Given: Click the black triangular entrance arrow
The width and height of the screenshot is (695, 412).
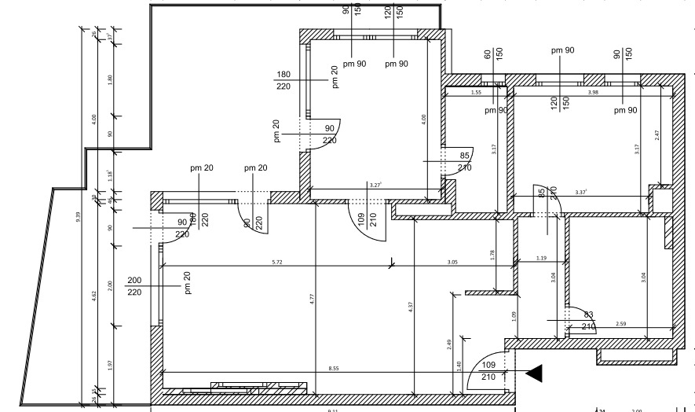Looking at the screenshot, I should pyautogui.click(x=534, y=373).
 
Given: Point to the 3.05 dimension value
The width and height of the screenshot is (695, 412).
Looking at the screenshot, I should pyautogui.click(x=452, y=261).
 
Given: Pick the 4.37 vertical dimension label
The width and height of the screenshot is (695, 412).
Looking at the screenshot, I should pyautogui.click(x=411, y=308).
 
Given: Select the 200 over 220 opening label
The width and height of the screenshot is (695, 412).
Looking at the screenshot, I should pyautogui.click(x=134, y=286).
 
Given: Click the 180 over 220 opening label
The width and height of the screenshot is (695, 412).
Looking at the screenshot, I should pyautogui.click(x=283, y=80).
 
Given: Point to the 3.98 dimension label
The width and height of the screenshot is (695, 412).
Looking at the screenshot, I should pyautogui.click(x=594, y=93).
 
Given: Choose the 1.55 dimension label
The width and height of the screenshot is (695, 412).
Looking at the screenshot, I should pyautogui.click(x=476, y=93).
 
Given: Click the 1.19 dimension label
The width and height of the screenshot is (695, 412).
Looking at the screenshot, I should pyautogui.click(x=541, y=258).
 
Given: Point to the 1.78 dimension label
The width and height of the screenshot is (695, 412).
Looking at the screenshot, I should pyautogui.click(x=492, y=254).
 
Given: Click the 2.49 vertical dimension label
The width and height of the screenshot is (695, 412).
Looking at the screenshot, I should pyautogui.click(x=448, y=343).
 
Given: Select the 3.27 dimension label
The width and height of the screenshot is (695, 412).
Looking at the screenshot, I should pyautogui.click(x=375, y=185).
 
